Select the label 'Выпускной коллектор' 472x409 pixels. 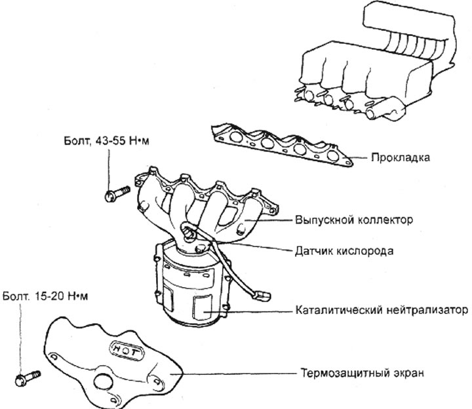click(x=354, y=220)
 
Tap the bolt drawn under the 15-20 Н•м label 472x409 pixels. click(x=26, y=378)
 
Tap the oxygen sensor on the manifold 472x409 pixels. click(x=188, y=231)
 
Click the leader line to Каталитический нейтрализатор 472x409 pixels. click(x=252, y=309)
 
